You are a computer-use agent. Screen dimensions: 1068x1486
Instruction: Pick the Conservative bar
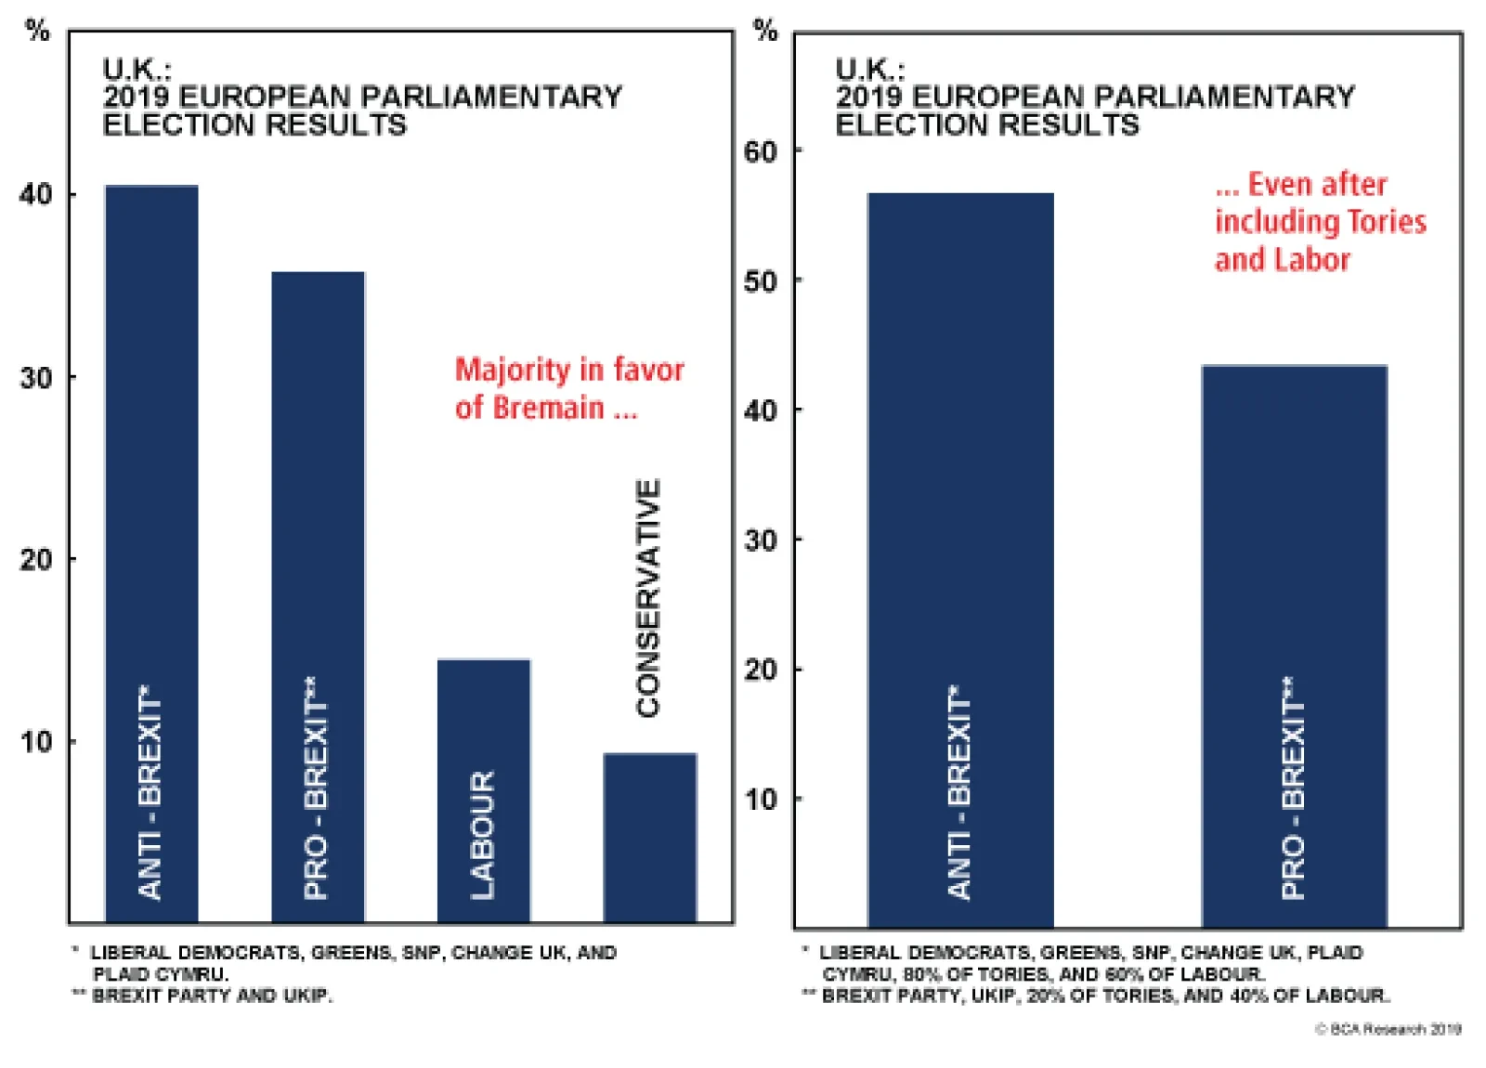pyautogui.click(x=649, y=836)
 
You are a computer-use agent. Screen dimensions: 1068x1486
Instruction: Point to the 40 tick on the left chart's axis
pyautogui.click(x=36, y=194)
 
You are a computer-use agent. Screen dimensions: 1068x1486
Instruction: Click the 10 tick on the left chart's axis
pyautogui.click(x=36, y=742)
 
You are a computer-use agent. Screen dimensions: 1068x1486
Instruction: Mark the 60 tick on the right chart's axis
pyautogui.click(x=761, y=151)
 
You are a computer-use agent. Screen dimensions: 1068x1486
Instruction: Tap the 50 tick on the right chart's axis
pyautogui.click(x=761, y=280)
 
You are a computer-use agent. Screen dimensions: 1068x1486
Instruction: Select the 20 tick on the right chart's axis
pyautogui.click(x=761, y=669)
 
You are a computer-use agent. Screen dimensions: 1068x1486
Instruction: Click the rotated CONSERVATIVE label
pyautogui.click(x=648, y=598)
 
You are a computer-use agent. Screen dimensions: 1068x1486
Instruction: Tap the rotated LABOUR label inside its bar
pyautogui.click(x=483, y=834)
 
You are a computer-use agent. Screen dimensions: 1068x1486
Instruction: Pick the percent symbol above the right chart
pyautogui.click(x=765, y=30)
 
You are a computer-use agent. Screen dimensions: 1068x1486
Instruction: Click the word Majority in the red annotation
pyautogui.click(x=512, y=370)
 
